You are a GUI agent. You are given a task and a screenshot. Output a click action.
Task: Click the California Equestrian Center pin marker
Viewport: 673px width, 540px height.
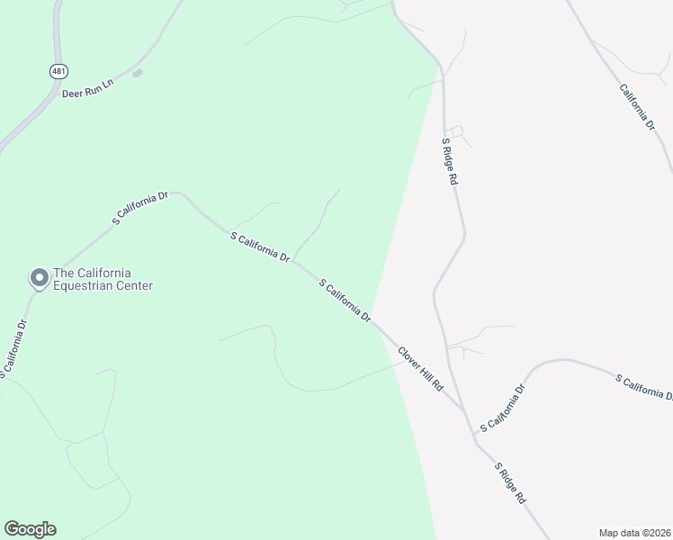point(39,278)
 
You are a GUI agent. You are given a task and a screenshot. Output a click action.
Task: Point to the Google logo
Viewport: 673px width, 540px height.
point(30,529)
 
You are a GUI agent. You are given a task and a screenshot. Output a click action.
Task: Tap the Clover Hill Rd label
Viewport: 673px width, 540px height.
point(421,368)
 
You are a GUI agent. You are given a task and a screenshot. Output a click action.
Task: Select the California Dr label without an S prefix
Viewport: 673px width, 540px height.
point(637,110)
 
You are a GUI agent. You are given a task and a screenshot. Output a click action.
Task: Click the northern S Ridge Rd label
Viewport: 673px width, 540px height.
point(450,162)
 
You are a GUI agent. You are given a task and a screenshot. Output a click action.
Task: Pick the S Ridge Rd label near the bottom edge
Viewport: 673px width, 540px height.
point(510,483)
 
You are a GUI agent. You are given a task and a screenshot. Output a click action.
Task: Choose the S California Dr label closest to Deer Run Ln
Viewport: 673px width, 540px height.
point(139,208)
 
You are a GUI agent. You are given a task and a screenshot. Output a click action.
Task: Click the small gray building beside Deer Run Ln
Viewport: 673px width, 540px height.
point(138,73)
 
